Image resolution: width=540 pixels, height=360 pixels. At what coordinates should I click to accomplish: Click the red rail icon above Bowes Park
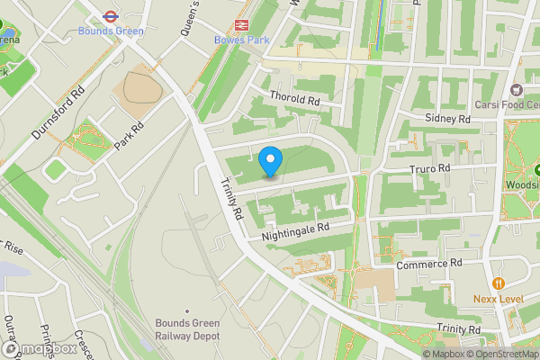(241, 25)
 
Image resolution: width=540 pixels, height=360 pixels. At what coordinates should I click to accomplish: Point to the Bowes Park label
(240, 40)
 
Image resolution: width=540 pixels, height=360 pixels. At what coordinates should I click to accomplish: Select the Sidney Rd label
(448, 119)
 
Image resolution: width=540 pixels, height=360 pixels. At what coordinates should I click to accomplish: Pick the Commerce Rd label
(429, 263)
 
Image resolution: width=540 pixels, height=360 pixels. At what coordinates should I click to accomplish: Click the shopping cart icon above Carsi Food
(517, 89)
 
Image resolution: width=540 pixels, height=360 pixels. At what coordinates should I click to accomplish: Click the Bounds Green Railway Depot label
(186, 329)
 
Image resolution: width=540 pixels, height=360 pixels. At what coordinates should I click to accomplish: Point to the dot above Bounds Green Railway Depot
(186, 311)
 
